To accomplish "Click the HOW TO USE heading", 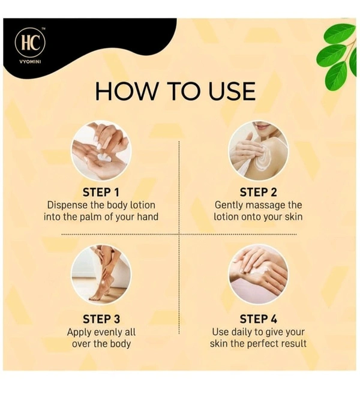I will coord(175,92).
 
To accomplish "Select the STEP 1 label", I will coord(101,192).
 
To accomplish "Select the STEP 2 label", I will coord(258,192).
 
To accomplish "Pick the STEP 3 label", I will coord(101,319).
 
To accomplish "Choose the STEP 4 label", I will coord(258,319).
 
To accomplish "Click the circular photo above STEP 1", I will coord(101,151).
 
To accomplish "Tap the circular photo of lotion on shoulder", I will coord(258,151).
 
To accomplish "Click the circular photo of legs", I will coord(101,275).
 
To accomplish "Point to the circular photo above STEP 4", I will coord(258,275).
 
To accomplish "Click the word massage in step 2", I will coord(267,205).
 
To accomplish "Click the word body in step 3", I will coord(119,344).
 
